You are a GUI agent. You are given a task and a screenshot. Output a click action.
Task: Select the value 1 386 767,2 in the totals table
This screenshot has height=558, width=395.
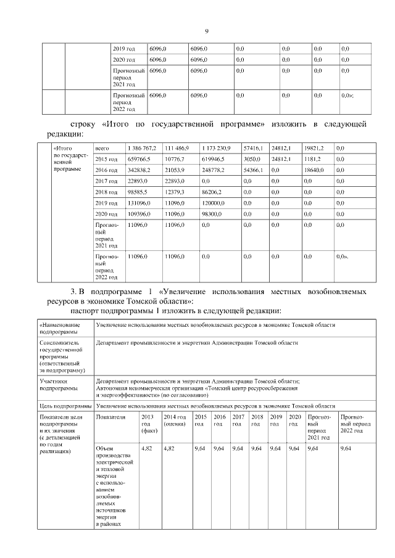tap(141, 149)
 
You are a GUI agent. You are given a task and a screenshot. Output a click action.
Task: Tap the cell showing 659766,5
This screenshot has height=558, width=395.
tap(138, 159)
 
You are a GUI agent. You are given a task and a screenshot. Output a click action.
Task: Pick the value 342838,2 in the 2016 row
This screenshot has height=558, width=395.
tap(138, 170)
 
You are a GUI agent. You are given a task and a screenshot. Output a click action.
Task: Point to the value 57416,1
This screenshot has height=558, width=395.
tap(254, 149)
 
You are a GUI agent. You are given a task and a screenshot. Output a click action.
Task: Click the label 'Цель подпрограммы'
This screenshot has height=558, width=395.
tap(65, 407)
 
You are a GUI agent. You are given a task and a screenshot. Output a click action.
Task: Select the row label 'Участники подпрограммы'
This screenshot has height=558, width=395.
tap(59, 385)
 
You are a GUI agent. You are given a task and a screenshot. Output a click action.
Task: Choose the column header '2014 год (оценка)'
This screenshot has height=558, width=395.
tap(175, 421)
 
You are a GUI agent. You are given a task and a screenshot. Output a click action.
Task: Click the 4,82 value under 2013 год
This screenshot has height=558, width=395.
tap(147, 448)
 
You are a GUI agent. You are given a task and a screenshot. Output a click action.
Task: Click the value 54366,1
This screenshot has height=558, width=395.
tap(254, 170)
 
